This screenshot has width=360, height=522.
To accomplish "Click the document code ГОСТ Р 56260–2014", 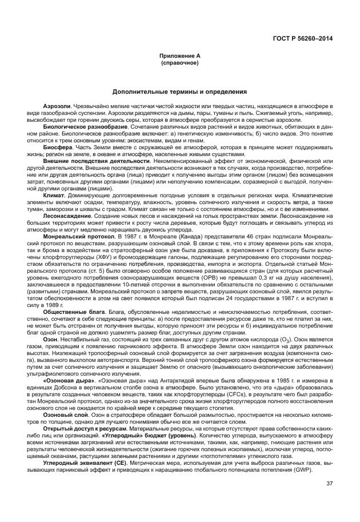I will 304,39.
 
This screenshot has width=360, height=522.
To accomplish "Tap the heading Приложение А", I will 179,55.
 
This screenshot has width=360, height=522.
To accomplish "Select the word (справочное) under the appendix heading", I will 179,62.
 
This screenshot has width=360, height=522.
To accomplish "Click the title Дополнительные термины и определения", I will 179,91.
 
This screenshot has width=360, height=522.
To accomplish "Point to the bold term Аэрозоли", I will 57,107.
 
